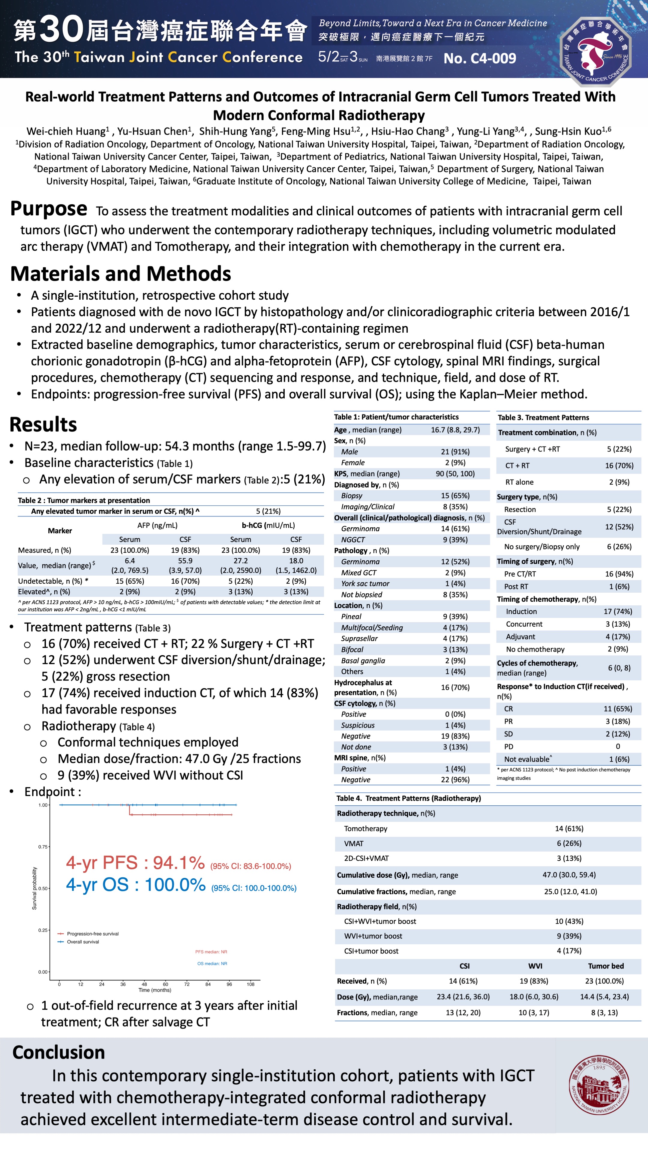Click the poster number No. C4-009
(x=480, y=58)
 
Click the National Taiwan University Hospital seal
(x=599, y=1084)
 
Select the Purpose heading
(x=49, y=209)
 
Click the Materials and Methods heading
(x=121, y=274)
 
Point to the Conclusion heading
(x=58, y=1052)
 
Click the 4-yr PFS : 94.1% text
(x=135, y=863)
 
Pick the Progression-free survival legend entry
(x=92, y=933)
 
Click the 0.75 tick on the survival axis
(x=43, y=847)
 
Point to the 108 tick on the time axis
(x=250, y=984)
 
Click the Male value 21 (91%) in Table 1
(x=455, y=452)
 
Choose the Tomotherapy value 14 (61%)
(x=569, y=828)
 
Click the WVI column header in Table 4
(x=535, y=966)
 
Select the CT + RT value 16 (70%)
(x=619, y=466)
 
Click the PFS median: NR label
(x=211, y=952)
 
